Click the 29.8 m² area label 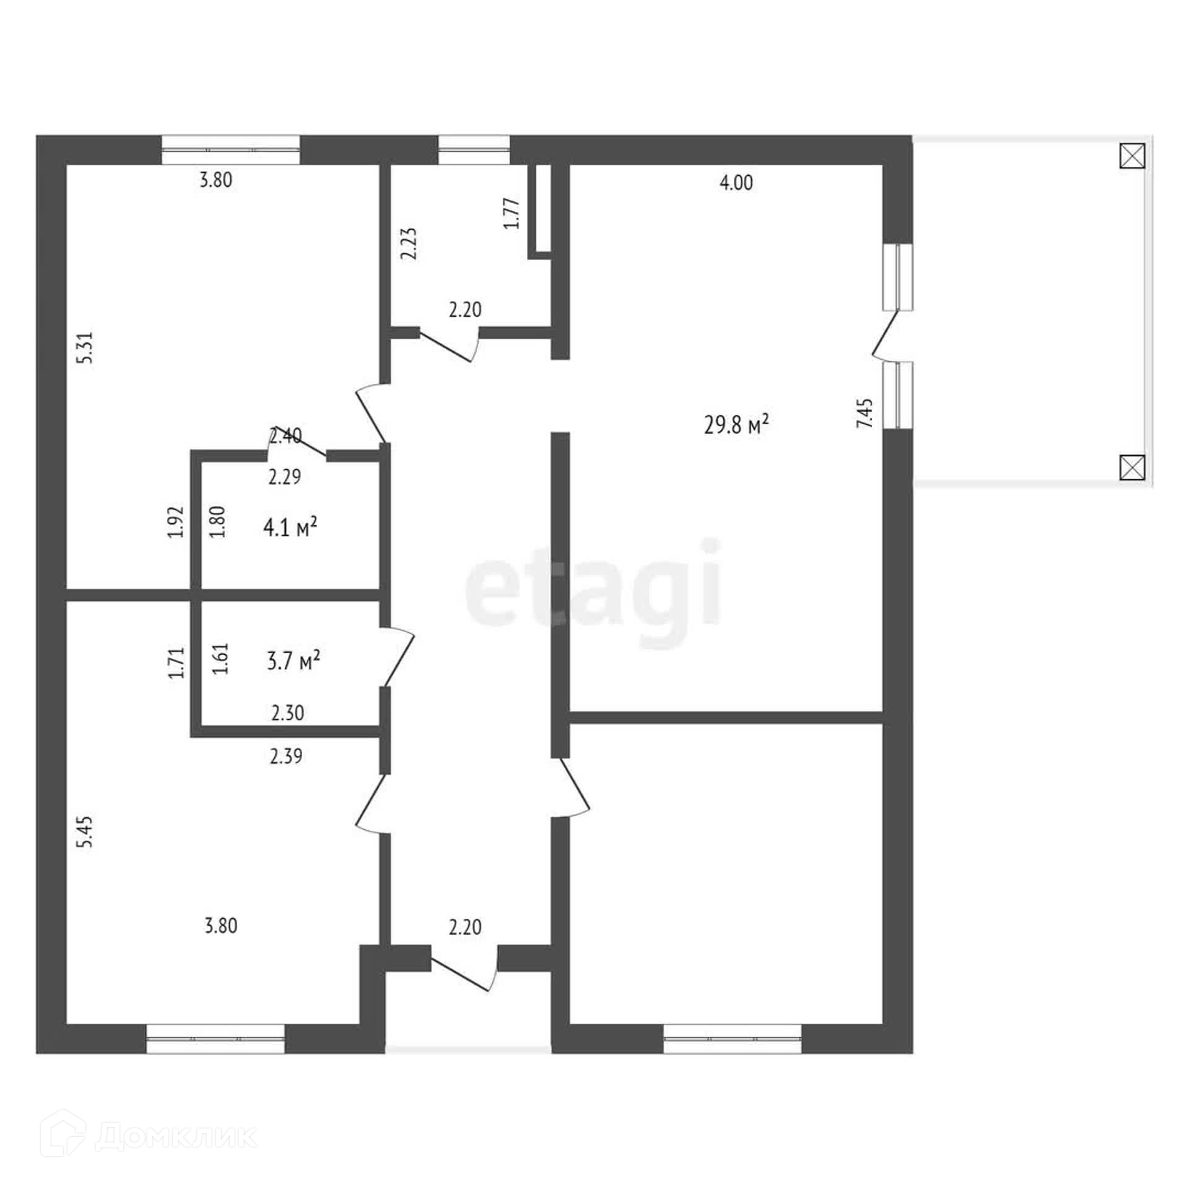click(x=736, y=425)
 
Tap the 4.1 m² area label click(x=290, y=528)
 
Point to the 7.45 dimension click(x=865, y=413)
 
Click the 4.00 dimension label click(x=736, y=183)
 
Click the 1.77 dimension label click(x=512, y=214)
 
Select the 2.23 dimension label click(x=409, y=245)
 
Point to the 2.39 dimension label click(x=286, y=756)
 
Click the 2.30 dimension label click(x=288, y=713)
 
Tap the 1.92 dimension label click(x=176, y=522)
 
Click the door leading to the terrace click(x=886, y=335)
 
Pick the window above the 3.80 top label click(x=231, y=149)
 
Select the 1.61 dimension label click(x=221, y=658)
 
